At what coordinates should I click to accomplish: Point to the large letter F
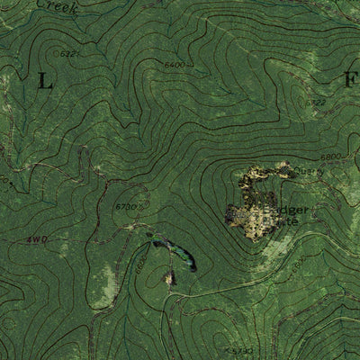pos(349,80)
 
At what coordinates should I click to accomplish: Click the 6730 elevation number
pos(127,207)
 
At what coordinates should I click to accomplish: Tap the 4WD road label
pos(36,239)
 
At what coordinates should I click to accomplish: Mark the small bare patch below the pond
pos(168,279)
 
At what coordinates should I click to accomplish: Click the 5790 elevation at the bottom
pos(240,350)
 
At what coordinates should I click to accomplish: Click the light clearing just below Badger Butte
pos(270,247)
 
